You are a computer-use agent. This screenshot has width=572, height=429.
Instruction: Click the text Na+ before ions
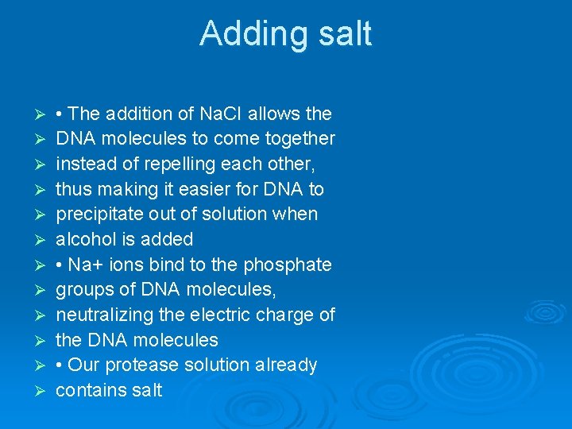coord(85,265)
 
